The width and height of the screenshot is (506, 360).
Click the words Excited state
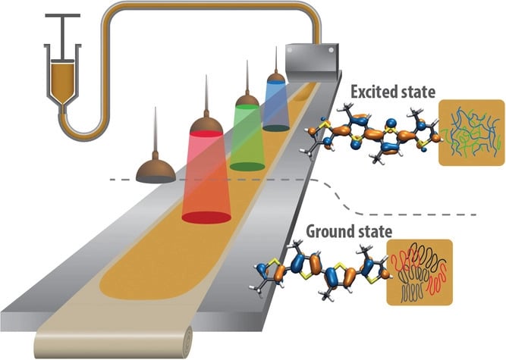(392, 92)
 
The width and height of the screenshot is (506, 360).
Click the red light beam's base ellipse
(206, 217)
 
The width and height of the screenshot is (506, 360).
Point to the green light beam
(247, 136)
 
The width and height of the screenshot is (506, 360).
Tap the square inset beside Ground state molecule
(419, 273)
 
